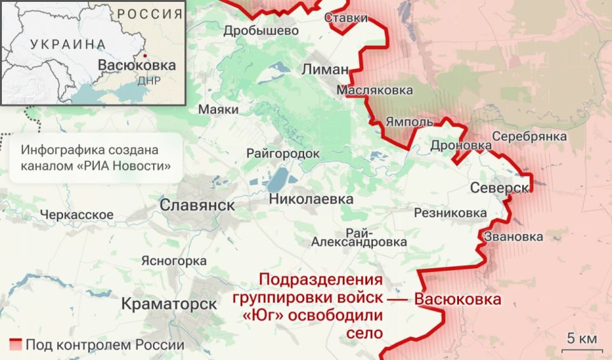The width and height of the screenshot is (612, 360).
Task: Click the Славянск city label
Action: coord(197,205)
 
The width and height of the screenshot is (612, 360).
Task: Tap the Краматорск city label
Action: coord(169,304)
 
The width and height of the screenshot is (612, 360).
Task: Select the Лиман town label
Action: coord(326,69)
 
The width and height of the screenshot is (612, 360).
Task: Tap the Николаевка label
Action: coord(311,199)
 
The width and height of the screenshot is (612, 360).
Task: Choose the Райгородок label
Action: coord(283,154)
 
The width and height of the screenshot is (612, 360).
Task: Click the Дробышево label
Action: coord(261,31)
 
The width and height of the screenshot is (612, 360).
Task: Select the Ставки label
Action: coord(346,18)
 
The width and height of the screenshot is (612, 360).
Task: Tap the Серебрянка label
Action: coord(529,136)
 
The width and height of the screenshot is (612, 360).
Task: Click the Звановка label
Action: coord(514,237)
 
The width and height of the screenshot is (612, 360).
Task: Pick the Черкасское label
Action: coord(76,215)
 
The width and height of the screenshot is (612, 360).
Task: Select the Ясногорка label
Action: coord(173,261)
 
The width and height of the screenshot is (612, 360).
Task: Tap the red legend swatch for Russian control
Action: coord(15,345)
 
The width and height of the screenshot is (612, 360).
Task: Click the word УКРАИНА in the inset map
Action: coord(68,44)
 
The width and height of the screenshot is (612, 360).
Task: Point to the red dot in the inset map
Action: coord(145,55)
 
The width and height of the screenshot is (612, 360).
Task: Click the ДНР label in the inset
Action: coord(149,81)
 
